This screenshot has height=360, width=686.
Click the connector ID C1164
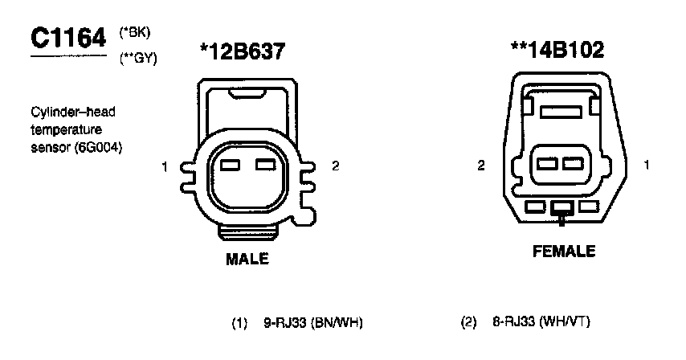tap(68, 38)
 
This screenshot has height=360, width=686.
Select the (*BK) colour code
tap(135, 33)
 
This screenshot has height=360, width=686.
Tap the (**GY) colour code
tap(138, 59)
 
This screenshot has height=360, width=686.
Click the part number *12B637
tap(243, 51)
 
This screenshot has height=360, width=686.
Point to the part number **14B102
tap(557, 50)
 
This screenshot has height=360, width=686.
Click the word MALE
tap(247, 259)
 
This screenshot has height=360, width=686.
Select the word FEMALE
tap(564, 251)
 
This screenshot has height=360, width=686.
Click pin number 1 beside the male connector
tap(165, 166)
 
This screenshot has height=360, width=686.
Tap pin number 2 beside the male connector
tap(335, 166)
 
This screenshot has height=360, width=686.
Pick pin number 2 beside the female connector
tap(481, 166)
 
